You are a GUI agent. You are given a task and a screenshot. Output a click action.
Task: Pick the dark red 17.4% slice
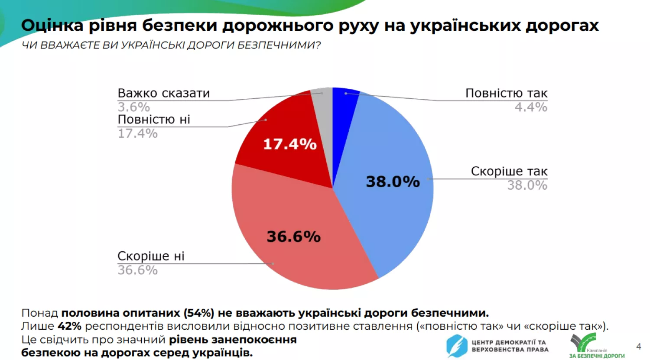(286, 143)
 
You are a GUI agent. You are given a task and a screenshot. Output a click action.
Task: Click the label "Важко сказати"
(163, 93)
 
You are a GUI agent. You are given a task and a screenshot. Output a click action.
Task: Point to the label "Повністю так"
(506, 93)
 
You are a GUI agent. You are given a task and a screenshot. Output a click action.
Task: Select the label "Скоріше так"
(509, 172)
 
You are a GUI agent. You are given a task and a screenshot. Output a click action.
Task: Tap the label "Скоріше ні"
(151, 256)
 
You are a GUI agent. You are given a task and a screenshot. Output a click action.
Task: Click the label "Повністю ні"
(154, 120)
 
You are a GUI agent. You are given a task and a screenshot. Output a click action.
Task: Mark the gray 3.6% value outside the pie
(133, 107)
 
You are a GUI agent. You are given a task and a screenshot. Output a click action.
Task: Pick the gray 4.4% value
(531, 107)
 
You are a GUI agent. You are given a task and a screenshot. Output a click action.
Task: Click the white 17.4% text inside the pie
(290, 144)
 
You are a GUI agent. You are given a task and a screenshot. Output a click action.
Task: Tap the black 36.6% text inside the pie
(293, 237)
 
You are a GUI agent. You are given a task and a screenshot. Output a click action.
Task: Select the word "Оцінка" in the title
(52, 26)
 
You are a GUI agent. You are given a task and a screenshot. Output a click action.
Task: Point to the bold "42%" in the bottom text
(69, 326)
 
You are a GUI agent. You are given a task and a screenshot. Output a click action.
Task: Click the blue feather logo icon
(457, 346)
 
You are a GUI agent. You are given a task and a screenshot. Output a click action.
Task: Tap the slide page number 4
(638, 346)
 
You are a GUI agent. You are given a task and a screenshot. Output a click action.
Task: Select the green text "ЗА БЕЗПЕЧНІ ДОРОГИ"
(597, 356)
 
